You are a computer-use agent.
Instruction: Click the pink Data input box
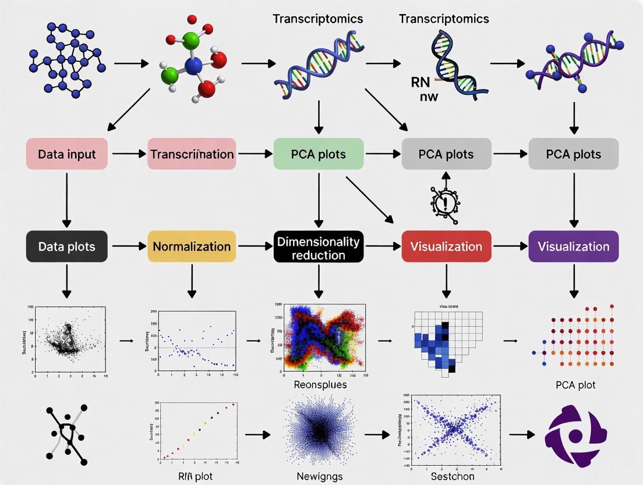point(66,154)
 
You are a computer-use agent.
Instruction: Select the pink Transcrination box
point(192,154)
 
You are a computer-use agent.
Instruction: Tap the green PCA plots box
point(318,154)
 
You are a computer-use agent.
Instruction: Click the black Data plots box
point(66,246)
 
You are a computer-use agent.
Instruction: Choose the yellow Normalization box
point(192,246)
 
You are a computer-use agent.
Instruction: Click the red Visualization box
point(446,246)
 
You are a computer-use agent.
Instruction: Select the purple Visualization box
point(573,246)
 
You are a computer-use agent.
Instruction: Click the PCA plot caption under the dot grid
point(575,385)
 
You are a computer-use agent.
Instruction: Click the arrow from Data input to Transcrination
point(129,154)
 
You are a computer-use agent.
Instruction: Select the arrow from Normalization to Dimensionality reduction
point(255,246)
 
